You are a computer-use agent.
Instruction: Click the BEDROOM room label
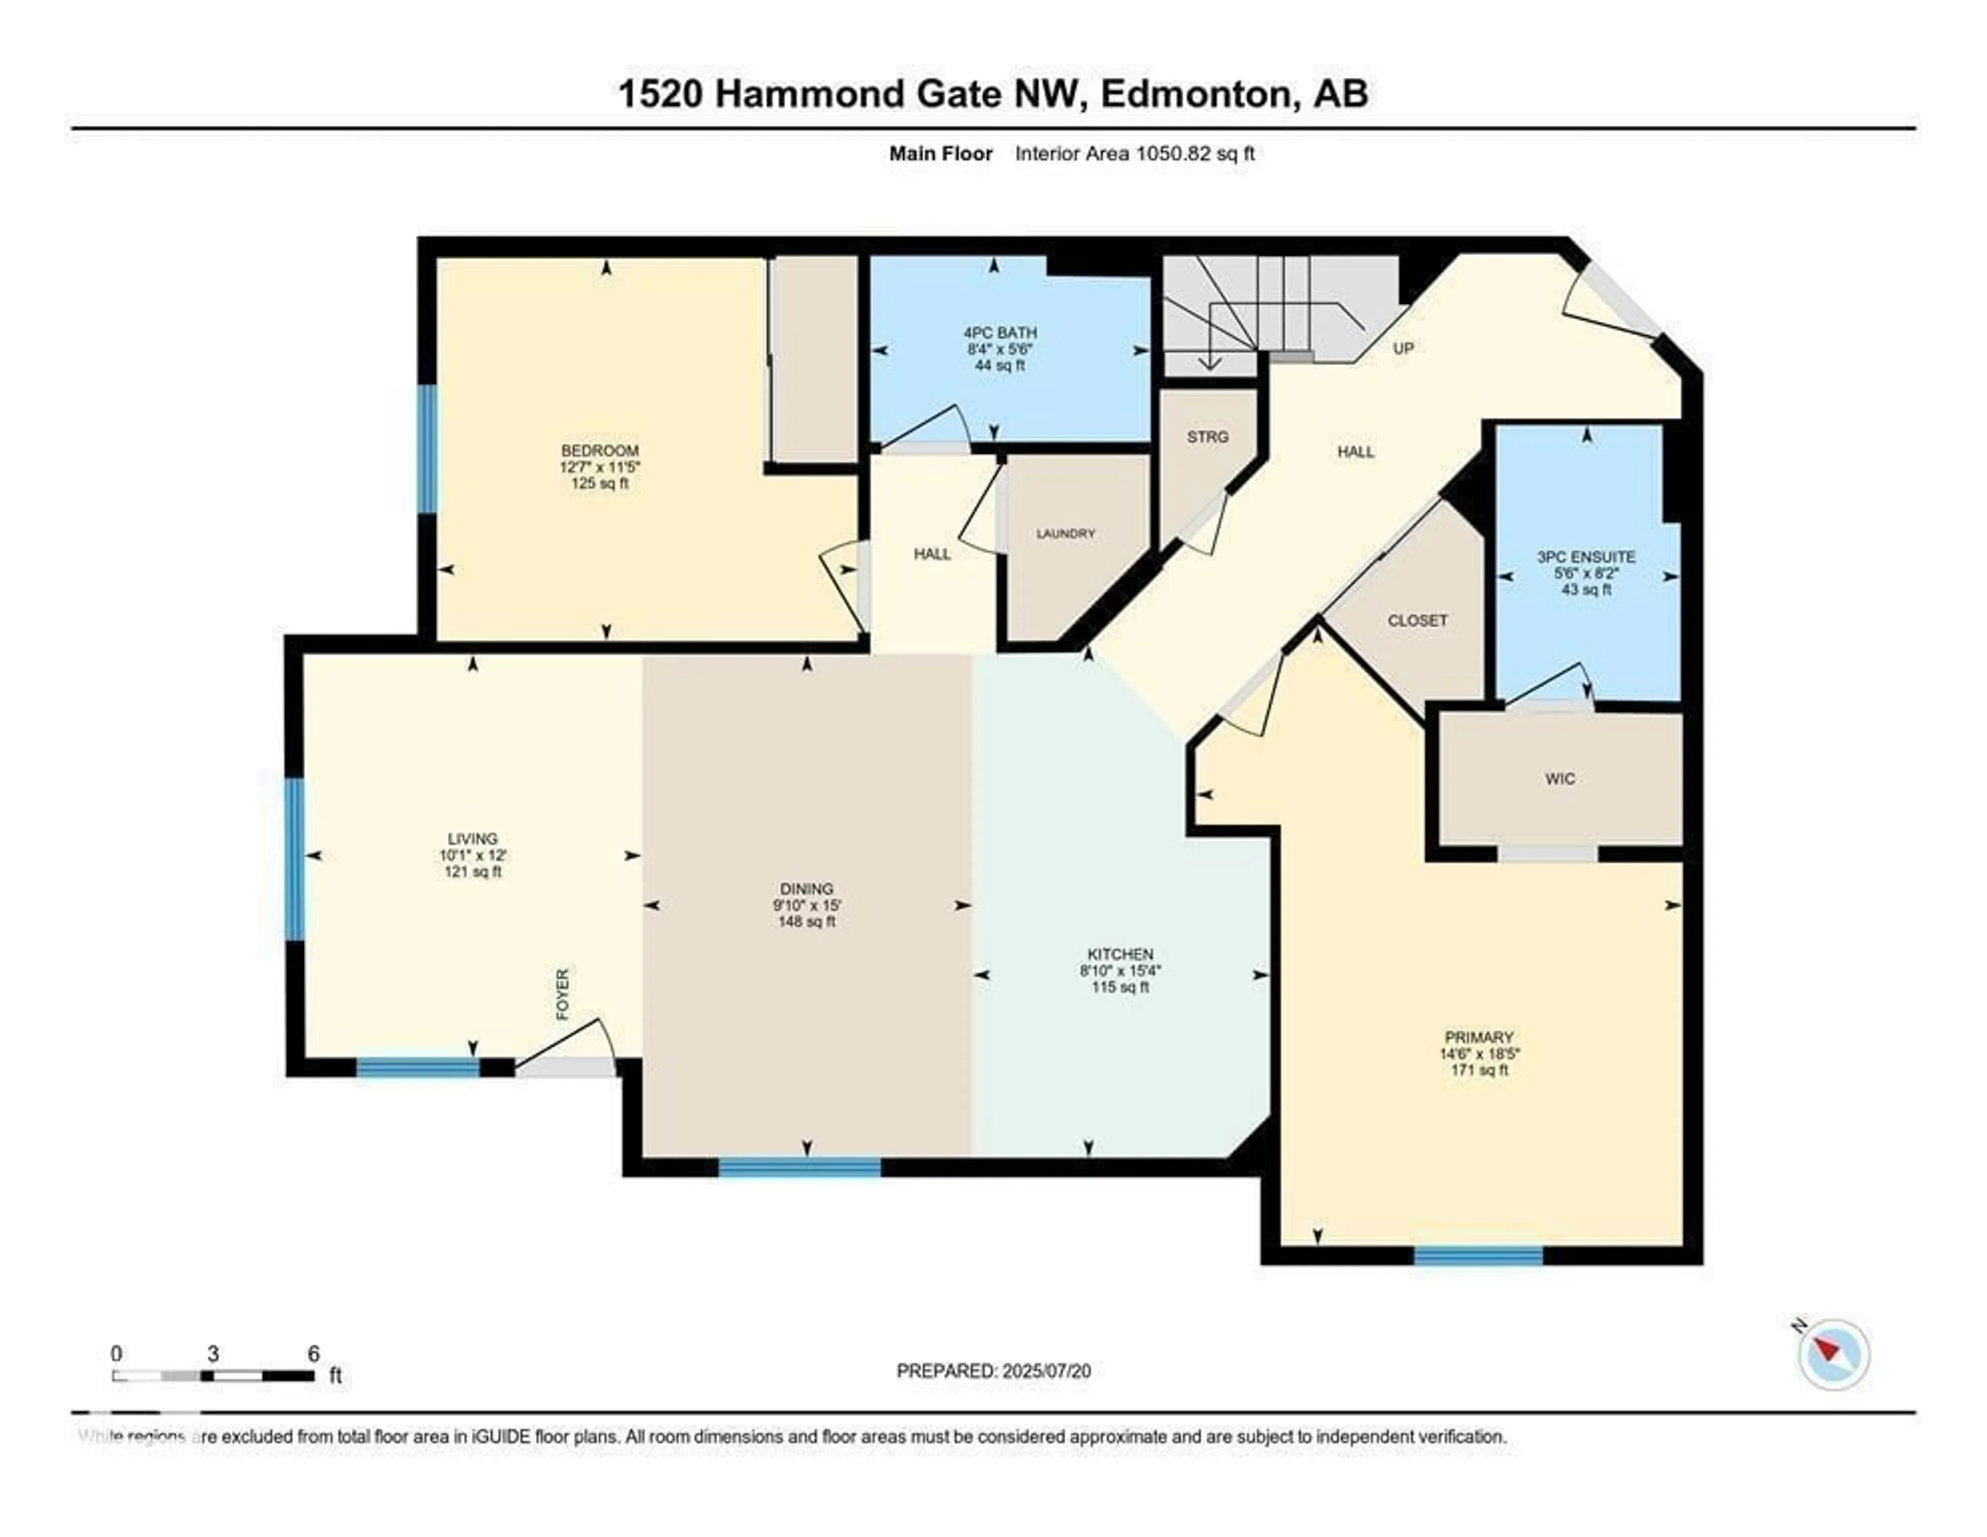coord(600,450)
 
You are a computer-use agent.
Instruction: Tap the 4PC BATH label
coord(1000,333)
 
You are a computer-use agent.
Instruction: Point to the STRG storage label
coord(1207,437)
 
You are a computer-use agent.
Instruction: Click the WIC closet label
coord(1560,779)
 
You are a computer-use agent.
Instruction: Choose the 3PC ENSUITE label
coord(1586,557)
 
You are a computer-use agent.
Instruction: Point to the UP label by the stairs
coord(1403,348)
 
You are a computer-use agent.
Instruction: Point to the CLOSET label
coord(1417,620)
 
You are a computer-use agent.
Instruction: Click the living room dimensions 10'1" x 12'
coord(472,855)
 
